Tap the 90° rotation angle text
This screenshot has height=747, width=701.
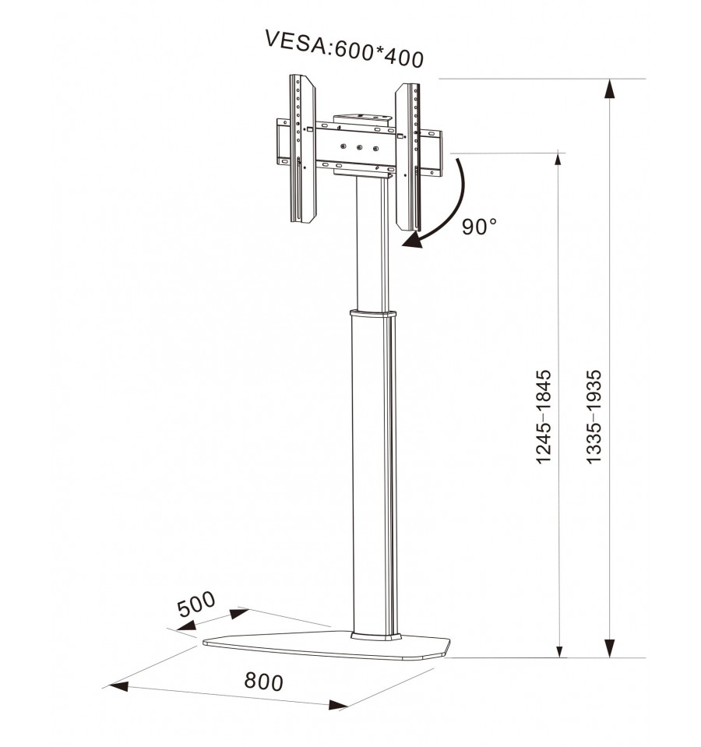(x=479, y=227)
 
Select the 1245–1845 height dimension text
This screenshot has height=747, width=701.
(x=544, y=416)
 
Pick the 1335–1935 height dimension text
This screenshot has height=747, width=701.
(x=594, y=416)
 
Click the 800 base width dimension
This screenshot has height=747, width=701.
(x=263, y=682)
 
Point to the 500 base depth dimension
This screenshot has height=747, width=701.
(x=196, y=604)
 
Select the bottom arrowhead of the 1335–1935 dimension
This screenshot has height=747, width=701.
(x=609, y=648)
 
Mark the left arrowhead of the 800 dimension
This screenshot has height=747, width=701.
(x=118, y=686)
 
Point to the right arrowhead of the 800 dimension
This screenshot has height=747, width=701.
(x=339, y=705)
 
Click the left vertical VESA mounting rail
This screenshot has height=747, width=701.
(x=302, y=149)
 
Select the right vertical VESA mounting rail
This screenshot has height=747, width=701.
(x=407, y=157)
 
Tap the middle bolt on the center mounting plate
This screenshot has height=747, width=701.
(x=360, y=148)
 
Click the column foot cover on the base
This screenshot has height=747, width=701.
(x=375, y=636)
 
